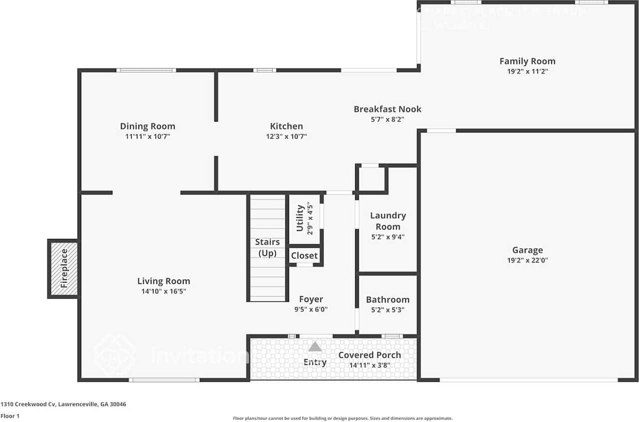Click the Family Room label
(527, 61)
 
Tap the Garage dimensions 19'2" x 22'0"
(527, 260)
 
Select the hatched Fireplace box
(63, 268)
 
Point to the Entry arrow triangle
(315, 346)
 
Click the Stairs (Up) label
(268, 247)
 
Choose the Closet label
(305, 255)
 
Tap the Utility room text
(300, 218)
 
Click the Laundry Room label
(388, 220)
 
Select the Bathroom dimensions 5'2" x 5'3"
(387, 309)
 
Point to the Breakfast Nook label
(387, 109)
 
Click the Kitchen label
(286, 126)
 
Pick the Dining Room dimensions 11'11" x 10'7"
(147, 136)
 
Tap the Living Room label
(164, 281)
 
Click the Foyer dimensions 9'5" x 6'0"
(311, 309)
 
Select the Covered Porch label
(369, 355)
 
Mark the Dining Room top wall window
(146, 70)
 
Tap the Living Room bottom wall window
(164, 380)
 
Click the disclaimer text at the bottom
(342, 418)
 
